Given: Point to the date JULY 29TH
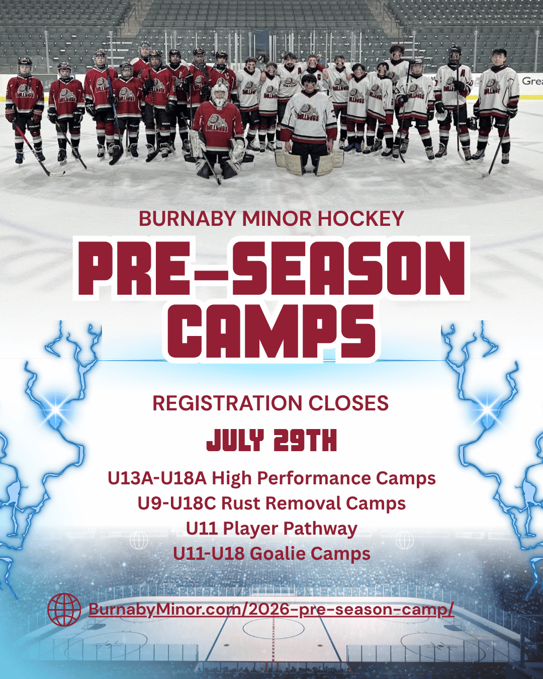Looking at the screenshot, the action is pyautogui.click(x=271, y=441).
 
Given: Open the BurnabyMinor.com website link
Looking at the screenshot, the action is pyautogui.click(x=271, y=609).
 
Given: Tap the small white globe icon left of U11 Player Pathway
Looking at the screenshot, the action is pyautogui.click(x=139, y=540).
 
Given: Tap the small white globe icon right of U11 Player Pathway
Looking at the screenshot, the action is pyautogui.click(x=405, y=540).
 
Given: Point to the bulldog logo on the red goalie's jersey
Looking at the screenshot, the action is pyautogui.click(x=218, y=124).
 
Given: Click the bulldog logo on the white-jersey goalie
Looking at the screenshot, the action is pyautogui.click(x=309, y=113).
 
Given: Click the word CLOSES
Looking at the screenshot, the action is pyautogui.click(x=348, y=403).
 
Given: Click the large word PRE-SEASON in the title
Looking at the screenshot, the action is pyautogui.click(x=271, y=268).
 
